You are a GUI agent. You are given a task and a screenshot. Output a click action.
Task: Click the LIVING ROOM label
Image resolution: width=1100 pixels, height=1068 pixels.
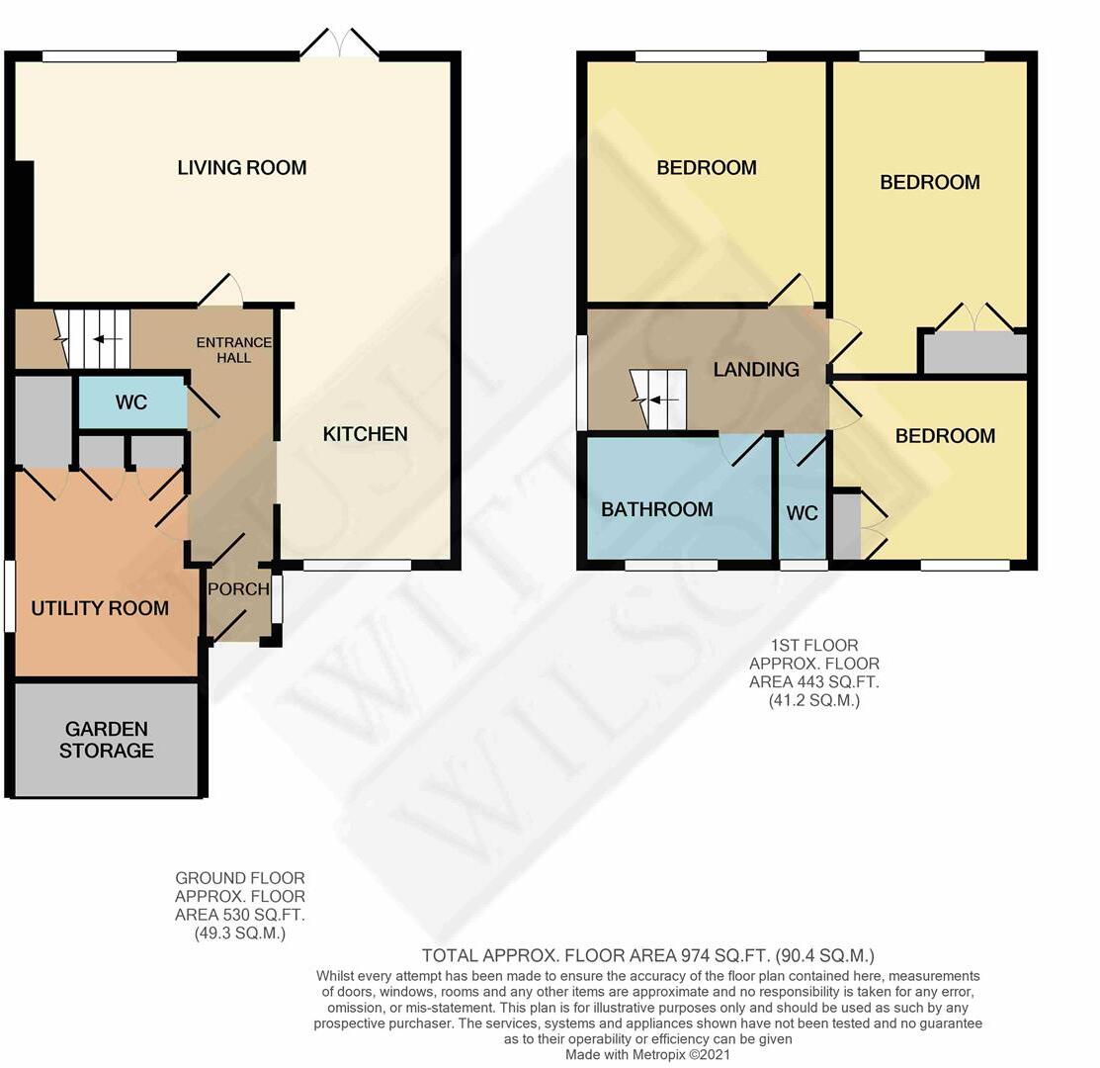[242, 168]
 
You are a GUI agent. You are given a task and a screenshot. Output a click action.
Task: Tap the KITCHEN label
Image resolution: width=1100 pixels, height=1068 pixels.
[366, 434]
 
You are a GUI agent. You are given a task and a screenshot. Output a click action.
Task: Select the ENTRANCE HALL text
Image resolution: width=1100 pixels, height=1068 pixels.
[233, 350]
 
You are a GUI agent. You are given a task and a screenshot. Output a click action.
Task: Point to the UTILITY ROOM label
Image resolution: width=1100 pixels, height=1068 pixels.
[100, 608]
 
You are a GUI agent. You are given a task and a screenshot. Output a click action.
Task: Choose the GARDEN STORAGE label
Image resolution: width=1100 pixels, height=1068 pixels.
[107, 740]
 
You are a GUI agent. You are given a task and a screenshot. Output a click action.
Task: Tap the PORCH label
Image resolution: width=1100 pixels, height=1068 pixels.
[238, 589]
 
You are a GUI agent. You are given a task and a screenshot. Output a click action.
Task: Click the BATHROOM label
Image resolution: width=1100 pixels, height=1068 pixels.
[657, 509]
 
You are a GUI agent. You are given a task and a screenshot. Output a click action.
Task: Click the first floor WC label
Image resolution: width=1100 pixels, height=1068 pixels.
[803, 513]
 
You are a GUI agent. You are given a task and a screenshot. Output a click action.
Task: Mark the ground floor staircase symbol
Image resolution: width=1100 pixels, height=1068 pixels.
[93, 339]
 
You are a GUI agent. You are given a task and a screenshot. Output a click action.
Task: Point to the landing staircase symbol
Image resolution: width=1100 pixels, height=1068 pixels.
[658, 400]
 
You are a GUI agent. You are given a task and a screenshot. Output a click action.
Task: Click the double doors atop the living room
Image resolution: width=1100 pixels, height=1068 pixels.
[340, 44]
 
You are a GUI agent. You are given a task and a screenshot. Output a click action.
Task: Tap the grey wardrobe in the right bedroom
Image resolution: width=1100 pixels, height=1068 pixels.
[973, 353]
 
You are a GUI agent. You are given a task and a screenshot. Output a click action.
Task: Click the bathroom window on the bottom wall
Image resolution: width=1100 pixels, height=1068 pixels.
[671, 566]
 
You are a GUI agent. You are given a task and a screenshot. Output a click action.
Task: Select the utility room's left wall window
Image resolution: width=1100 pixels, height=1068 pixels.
[10, 596]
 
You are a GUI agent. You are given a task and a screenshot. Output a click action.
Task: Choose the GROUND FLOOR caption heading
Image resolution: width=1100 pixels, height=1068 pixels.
[240, 878]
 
